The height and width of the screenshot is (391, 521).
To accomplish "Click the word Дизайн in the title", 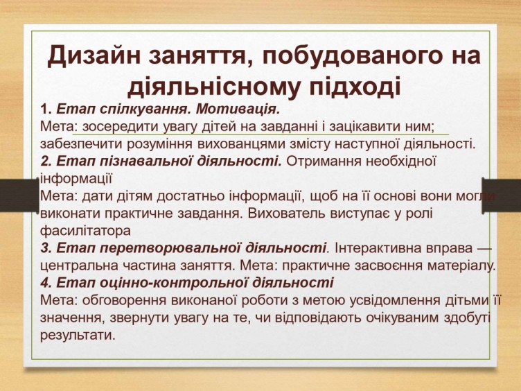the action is (94, 55).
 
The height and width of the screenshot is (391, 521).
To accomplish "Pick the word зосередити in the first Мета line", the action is (121, 127).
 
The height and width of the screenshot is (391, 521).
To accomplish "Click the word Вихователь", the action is (286, 214).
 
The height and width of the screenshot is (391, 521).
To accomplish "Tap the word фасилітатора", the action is (85, 231).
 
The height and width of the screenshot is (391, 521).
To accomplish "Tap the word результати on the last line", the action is (78, 335).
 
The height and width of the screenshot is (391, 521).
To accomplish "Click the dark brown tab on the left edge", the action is (19, 195).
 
